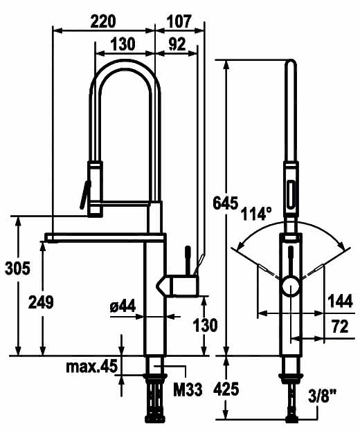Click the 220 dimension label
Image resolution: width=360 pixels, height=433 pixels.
point(103,21)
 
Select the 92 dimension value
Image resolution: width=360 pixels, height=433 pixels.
point(177,44)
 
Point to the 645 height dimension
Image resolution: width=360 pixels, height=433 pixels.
point(225,203)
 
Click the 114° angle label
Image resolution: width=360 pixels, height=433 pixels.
point(255,214)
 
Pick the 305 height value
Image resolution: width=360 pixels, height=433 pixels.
point(17,268)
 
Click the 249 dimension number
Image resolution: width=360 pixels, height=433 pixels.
point(41,302)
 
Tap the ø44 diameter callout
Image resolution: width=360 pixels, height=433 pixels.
point(123,306)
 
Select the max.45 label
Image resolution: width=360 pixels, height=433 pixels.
point(92,367)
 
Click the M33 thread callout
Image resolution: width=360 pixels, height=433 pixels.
point(188,390)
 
